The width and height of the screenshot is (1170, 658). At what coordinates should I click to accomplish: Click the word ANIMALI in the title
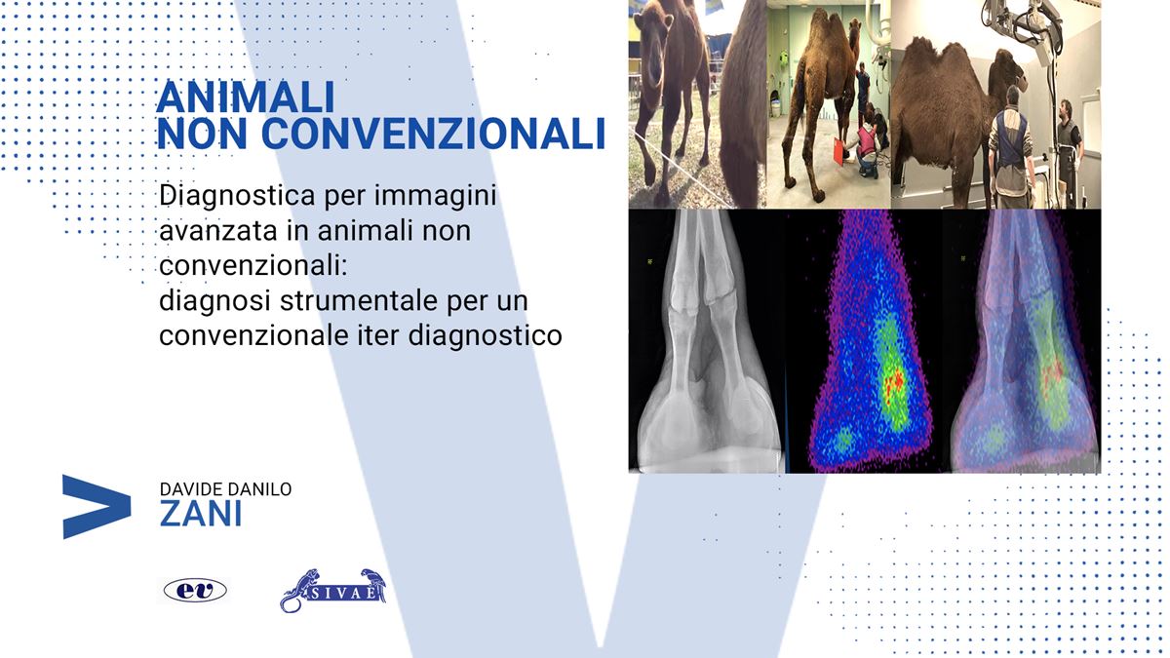click(245, 97)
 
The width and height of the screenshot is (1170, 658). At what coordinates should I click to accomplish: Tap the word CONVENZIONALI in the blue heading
click(433, 134)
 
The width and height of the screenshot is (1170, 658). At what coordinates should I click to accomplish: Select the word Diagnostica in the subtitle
click(237, 196)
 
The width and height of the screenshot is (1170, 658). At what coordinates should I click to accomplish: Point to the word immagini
click(435, 196)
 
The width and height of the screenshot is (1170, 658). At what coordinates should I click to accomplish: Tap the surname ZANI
click(201, 514)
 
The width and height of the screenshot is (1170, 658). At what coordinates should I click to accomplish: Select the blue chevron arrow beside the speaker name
click(97, 507)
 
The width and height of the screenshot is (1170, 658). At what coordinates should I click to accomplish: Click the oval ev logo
click(195, 591)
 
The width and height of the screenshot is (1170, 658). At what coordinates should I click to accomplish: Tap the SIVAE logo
click(333, 591)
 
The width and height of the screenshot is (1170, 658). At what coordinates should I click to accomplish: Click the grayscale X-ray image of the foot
click(706, 341)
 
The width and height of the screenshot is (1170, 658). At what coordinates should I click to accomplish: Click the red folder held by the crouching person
click(838, 150)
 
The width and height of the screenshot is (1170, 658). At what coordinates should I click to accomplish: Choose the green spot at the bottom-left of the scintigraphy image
click(841, 442)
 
